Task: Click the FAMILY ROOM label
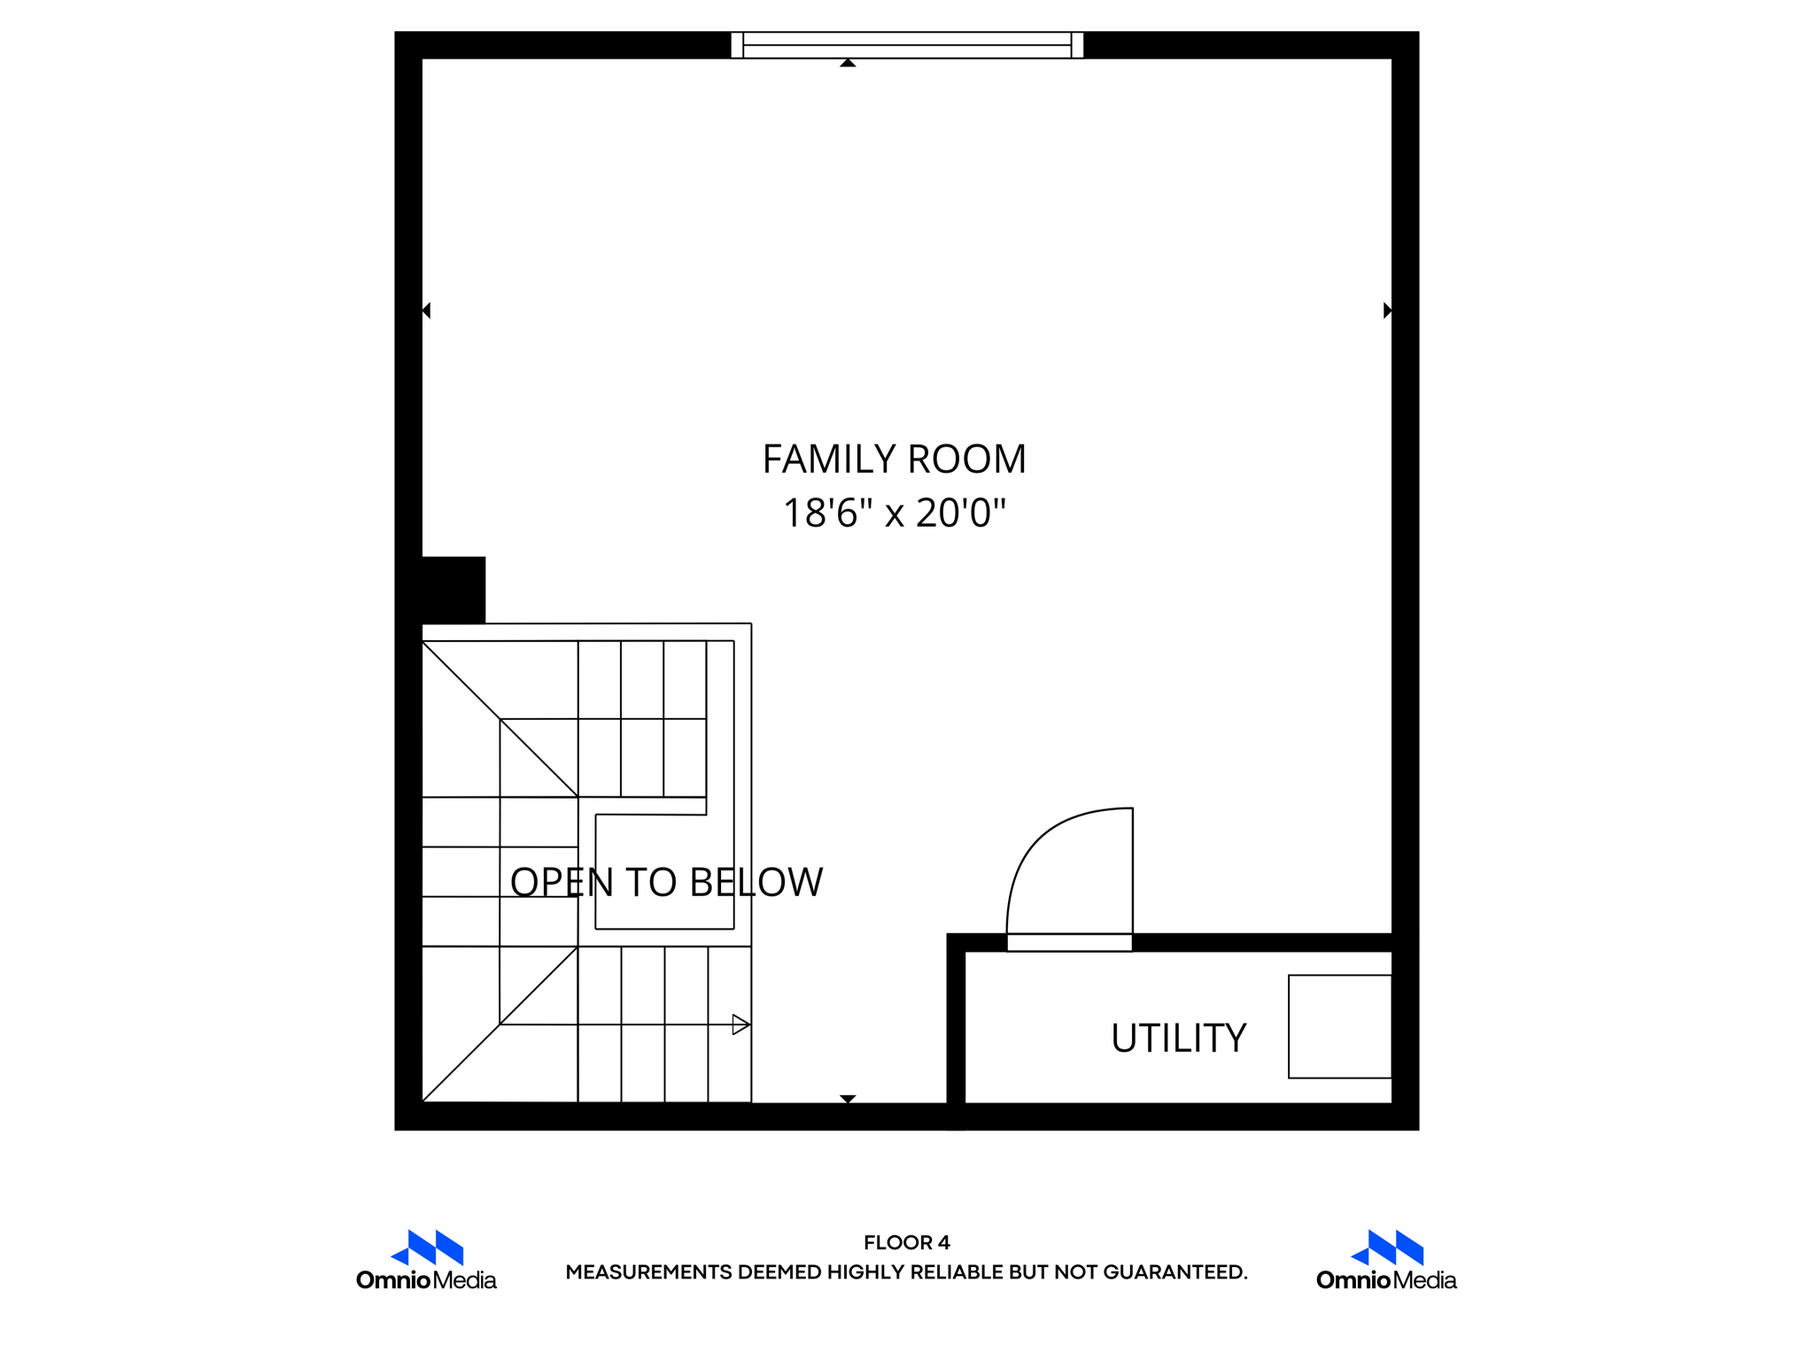click(x=894, y=459)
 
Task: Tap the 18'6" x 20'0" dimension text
click(x=894, y=514)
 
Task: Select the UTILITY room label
click(x=1178, y=1038)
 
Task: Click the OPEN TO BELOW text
click(x=666, y=882)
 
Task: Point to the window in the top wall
click(x=906, y=44)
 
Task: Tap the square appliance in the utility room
click(x=1339, y=1026)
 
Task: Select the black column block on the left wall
click(x=453, y=590)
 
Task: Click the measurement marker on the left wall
click(x=426, y=310)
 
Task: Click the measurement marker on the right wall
click(x=1387, y=310)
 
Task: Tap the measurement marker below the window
click(x=848, y=63)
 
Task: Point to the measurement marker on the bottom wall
click(x=848, y=1099)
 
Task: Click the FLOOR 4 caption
click(x=906, y=1242)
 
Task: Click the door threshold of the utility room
click(x=1069, y=943)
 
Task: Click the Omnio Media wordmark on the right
click(x=1386, y=1280)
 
